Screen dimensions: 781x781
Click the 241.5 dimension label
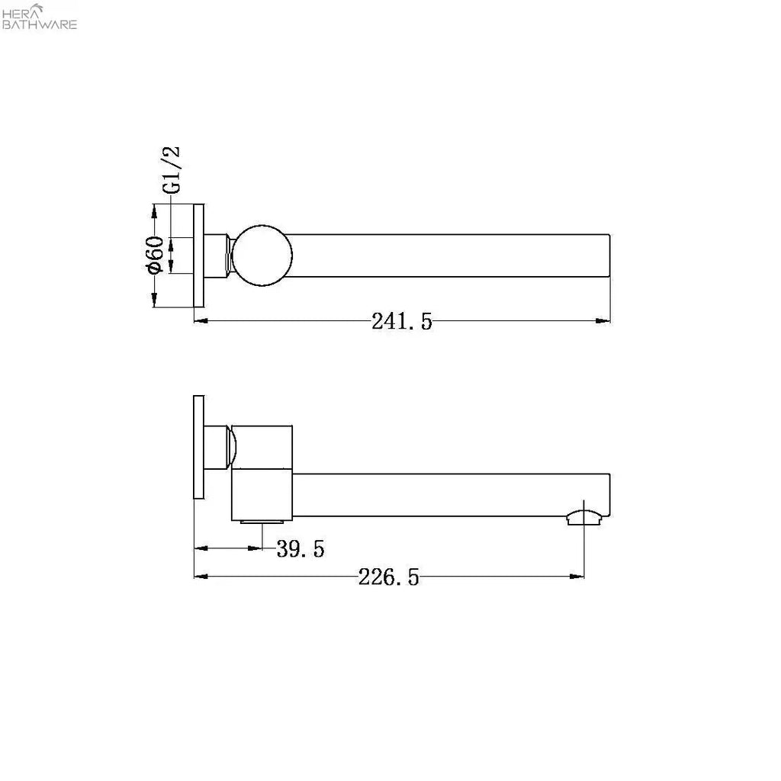click(x=401, y=321)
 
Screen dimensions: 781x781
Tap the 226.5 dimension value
click(x=388, y=577)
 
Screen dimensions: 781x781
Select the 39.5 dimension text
click(x=301, y=549)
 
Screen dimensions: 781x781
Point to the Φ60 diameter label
click(x=154, y=255)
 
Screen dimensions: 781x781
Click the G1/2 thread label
click(x=172, y=170)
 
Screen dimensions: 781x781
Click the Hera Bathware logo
click(x=39, y=17)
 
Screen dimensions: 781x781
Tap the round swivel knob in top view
click(x=262, y=256)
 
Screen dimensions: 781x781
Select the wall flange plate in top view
click(x=199, y=256)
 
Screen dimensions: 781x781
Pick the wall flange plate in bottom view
click(x=199, y=447)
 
